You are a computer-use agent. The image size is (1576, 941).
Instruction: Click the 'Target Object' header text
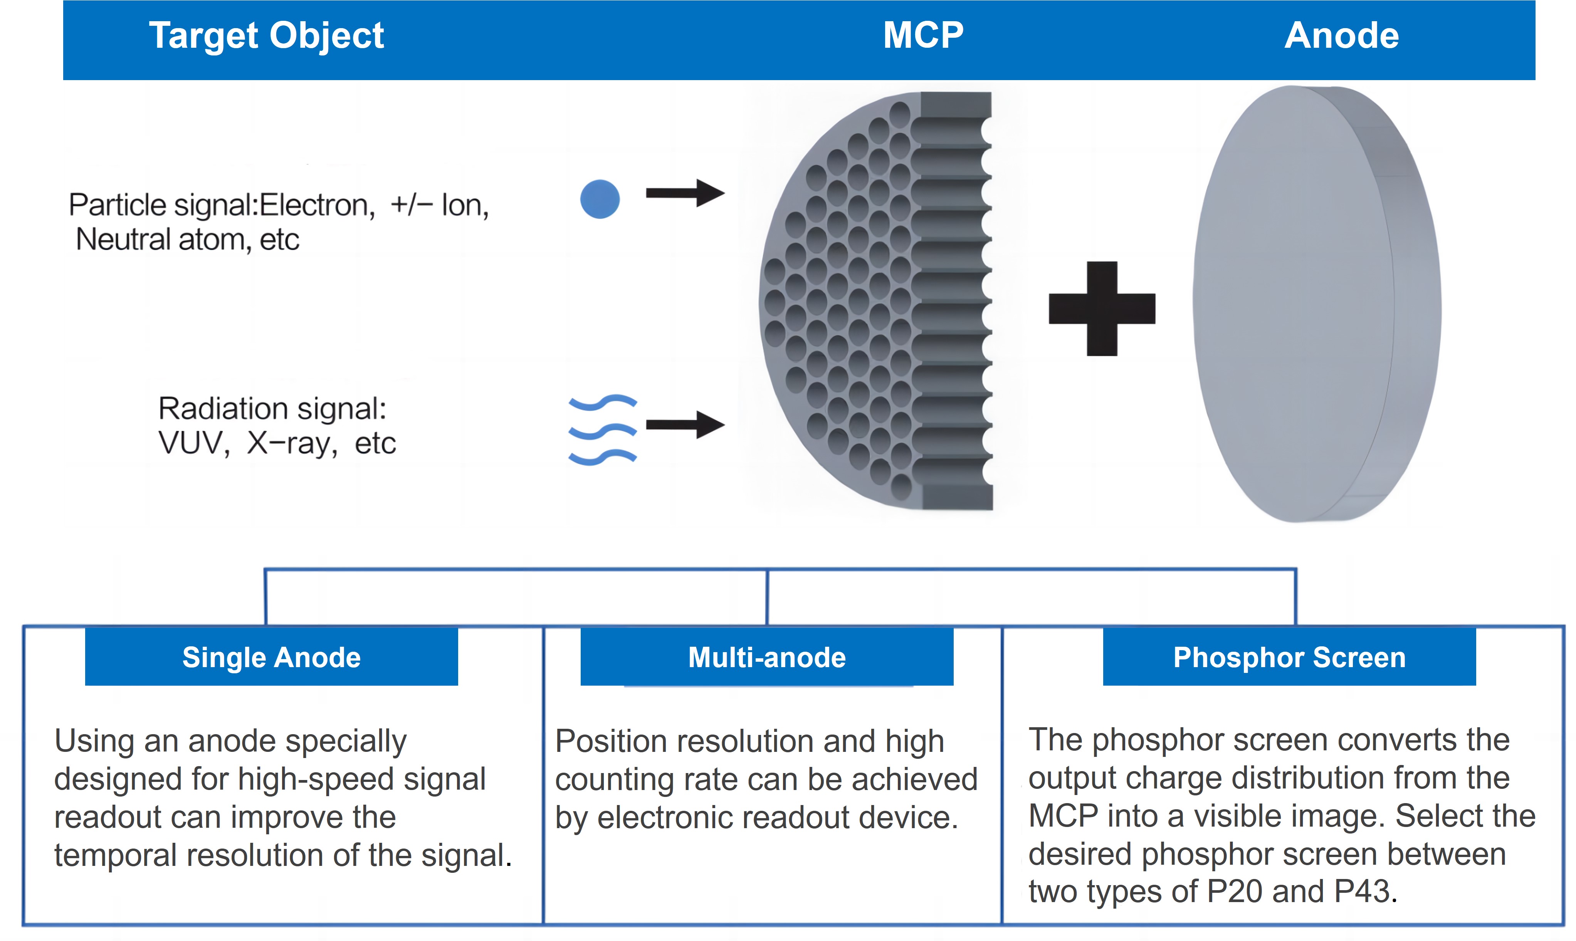tap(266, 35)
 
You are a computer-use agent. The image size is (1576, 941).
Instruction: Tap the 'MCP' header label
tap(923, 35)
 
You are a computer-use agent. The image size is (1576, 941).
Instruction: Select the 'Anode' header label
tap(1341, 35)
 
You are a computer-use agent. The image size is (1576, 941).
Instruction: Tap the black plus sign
tap(1102, 309)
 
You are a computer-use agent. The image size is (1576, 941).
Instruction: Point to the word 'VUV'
tap(193, 443)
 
